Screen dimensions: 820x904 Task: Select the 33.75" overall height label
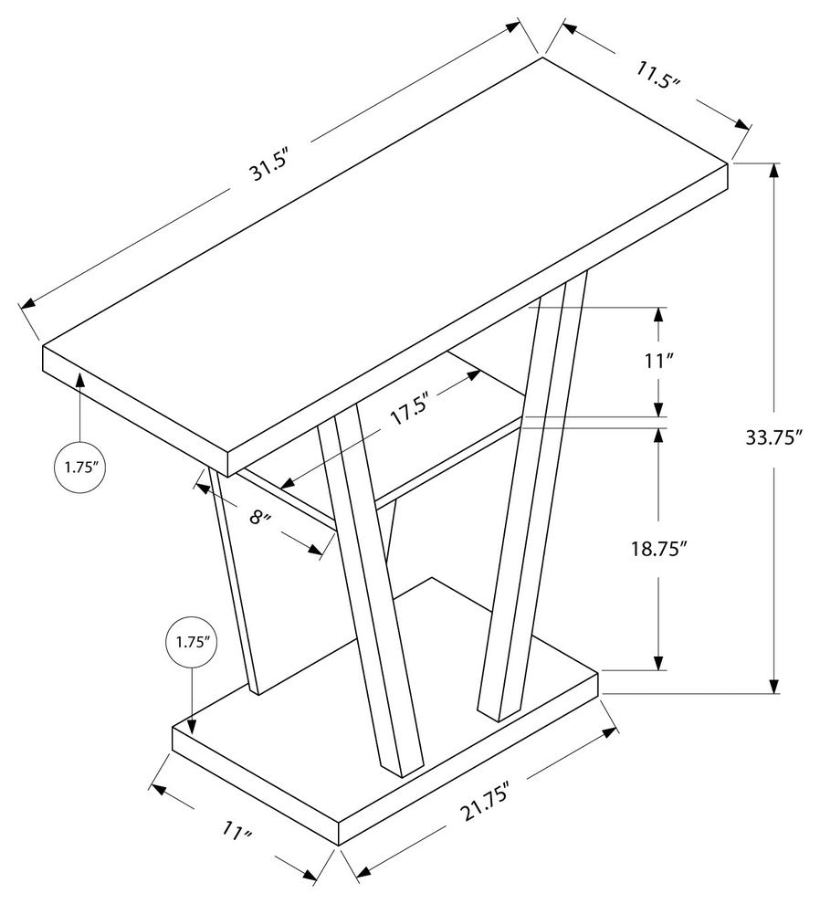pyautogui.click(x=773, y=437)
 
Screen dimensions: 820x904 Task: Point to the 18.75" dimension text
pyautogui.click(x=659, y=549)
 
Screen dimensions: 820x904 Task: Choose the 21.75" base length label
pyautogui.click(x=485, y=803)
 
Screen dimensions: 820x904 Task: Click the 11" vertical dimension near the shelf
pyautogui.click(x=659, y=362)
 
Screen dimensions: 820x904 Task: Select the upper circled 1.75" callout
pyautogui.click(x=80, y=467)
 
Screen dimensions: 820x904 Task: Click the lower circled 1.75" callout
pyautogui.click(x=192, y=642)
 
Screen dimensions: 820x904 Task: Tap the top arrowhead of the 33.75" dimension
pyautogui.click(x=773, y=172)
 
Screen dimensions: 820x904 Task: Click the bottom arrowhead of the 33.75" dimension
pyautogui.click(x=773, y=685)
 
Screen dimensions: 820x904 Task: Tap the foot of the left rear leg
pyautogui.click(x=255, y=689)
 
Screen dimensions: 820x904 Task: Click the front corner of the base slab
pyautogui.click(x=338, y=846)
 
